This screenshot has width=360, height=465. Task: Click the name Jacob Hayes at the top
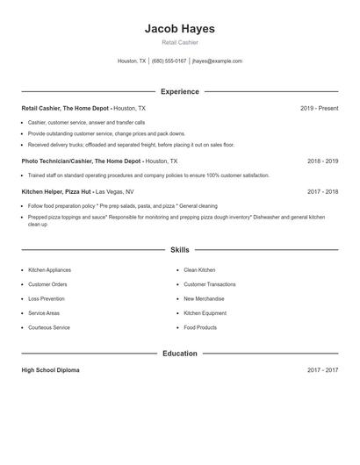179,28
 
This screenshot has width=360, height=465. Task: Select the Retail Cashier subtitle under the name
179,42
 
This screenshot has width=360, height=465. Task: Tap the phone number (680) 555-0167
169,61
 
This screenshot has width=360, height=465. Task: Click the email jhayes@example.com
217,61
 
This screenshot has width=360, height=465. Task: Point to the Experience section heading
179,91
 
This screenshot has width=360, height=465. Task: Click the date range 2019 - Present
319,108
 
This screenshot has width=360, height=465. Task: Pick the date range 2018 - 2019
322,161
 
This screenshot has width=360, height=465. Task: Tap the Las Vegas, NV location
114,191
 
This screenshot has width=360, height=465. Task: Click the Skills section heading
179,250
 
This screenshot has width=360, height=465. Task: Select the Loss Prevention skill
47,298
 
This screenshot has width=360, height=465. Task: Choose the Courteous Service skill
48,327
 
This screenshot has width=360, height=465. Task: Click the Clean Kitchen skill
199,270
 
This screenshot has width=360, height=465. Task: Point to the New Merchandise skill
205,298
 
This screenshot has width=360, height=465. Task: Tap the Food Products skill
200,327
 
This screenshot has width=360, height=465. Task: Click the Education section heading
179,354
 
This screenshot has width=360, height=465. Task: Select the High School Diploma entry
50,370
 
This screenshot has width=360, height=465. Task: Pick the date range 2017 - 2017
322,370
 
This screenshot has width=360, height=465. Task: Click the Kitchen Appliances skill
49,270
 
